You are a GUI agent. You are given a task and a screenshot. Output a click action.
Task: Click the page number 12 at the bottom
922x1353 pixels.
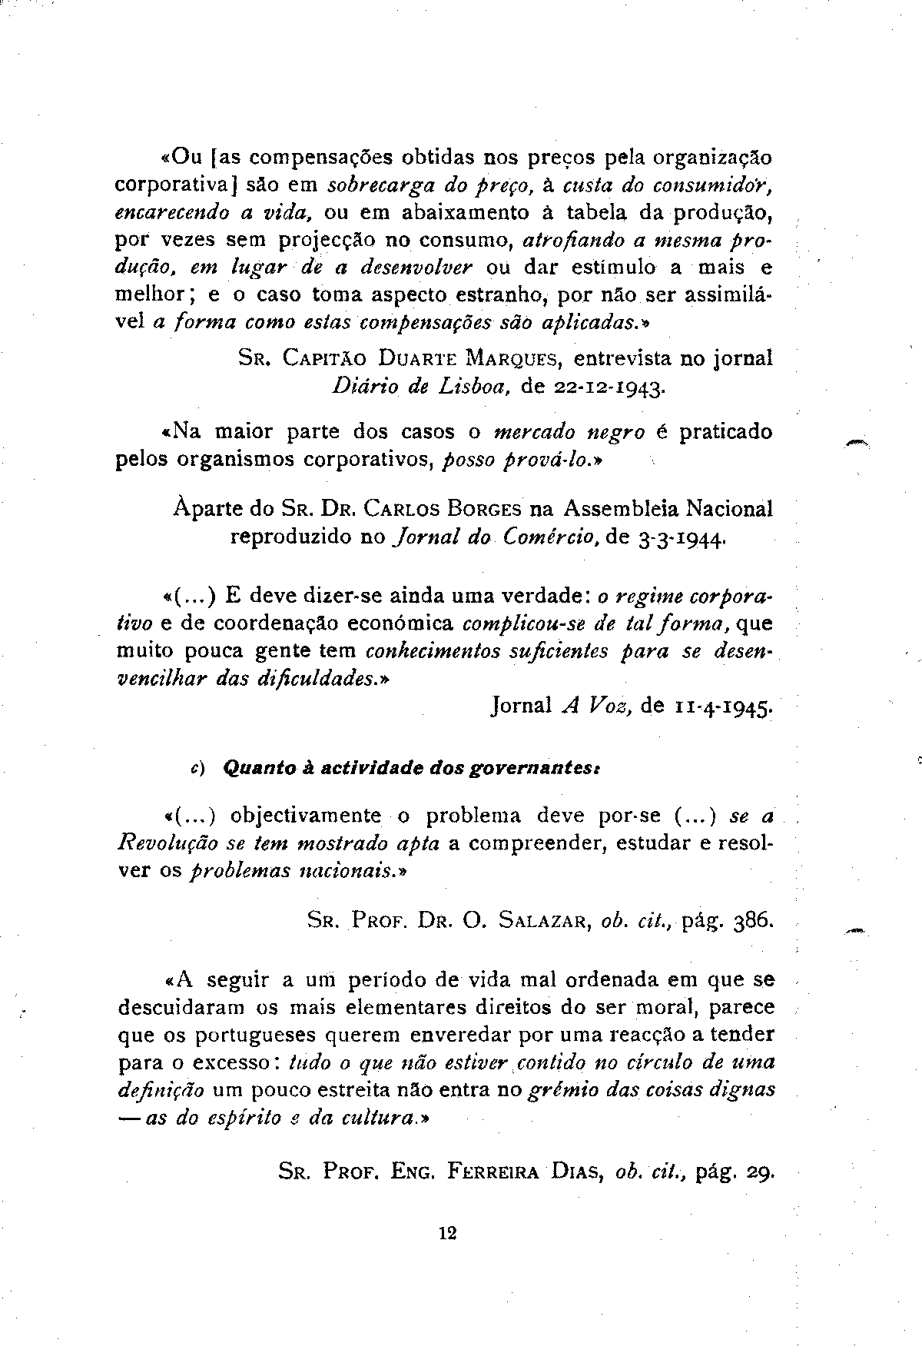pos(448,1233)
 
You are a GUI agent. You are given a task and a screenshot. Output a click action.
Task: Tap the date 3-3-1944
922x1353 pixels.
pos(681,539)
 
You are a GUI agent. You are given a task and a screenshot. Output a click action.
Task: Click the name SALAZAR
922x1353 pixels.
pos(544,920)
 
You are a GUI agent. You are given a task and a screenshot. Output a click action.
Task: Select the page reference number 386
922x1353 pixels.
pos(752,919)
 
